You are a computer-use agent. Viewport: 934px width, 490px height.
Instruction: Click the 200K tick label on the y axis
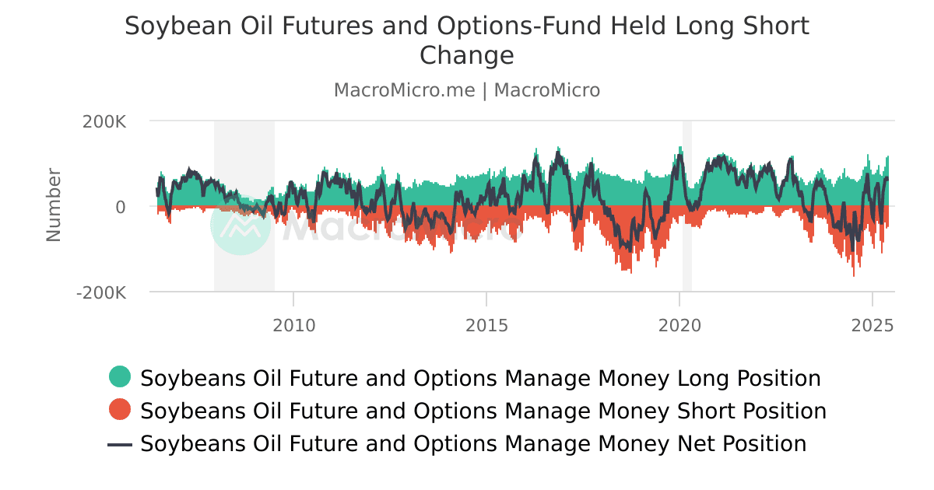tap(104, 122)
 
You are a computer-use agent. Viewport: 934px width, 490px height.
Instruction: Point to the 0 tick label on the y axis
tap(121, 207)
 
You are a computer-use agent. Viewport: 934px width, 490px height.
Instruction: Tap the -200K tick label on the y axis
tap(101, 293)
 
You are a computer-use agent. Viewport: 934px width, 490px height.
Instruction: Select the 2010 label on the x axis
tap(294, 325)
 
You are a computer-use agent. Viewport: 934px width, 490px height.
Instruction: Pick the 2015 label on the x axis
tap(486, 325)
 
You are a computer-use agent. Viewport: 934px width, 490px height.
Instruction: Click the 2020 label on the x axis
tap(679, 325)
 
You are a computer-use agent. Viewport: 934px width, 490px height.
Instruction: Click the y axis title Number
tap(54, 205)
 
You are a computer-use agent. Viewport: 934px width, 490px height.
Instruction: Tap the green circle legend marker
tap(120, 377)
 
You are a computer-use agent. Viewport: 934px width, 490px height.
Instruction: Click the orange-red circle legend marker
tap(120, 410)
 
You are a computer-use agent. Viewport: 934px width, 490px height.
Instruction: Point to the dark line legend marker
tap(120, 444)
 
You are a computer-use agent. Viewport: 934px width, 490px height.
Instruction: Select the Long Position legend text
tap(480, 379)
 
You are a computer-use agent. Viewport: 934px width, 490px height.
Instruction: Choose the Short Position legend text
tap(483, 411)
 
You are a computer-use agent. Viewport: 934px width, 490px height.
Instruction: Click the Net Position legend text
tap(473, 444)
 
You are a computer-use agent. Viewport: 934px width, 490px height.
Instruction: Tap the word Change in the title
tap(467, 56)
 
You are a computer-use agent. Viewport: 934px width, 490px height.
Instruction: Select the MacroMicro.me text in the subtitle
tap(404, 90)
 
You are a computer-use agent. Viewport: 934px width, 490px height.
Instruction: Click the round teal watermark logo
tap(241, 225)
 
